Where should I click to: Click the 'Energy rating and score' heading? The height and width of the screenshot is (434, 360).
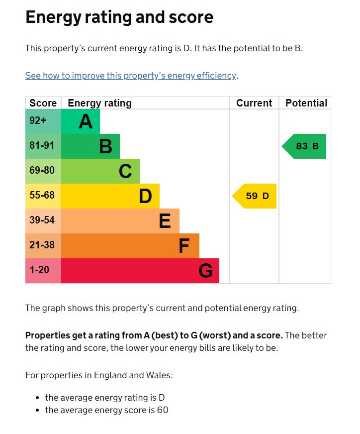pyautogui.click(x=119, y=17)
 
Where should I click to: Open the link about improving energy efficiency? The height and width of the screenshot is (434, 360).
pyautogui.click(x=131, y=76)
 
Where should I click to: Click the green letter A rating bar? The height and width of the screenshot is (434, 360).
pyautogui.click(x=81, y=121)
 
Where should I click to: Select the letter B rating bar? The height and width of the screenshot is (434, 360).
pyautogui.click(x=90, y=146)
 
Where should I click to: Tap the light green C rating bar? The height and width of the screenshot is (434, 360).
pyautogui.click(x=100, y=171)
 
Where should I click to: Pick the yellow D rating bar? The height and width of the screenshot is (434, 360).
pyautogui.click(x=110, y=196)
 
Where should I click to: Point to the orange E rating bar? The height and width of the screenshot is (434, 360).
pyautogui.click(x=120, y=221)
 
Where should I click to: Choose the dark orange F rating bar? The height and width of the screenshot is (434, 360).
pyautogui.click(x=130, y=246)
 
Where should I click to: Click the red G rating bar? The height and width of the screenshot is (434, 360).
pyautogui.click(x=140, y=271)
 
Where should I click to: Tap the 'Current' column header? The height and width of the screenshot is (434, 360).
pyautogui.click(x=254, y=103)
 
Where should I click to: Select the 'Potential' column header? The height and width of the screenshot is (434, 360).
pyautogui.click(x=306, y=103)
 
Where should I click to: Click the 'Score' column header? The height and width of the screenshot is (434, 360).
pyautogui.click(x=43, y=103)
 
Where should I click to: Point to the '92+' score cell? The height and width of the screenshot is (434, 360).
pyautogui.click(x=43, y=121)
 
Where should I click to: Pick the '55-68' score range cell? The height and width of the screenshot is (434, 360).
pyautogui.click(x=43, y=196)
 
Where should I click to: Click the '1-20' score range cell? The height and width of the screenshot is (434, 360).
pyautogui.click(x=43, y=271)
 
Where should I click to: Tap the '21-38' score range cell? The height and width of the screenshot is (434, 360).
pyautogui.click(x=43, y=246)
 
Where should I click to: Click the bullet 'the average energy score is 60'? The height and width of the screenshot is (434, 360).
pyautogui.click(x=106, y=410)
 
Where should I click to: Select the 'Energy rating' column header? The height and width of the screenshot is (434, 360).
pyautogui.click(x=99, y=103)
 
